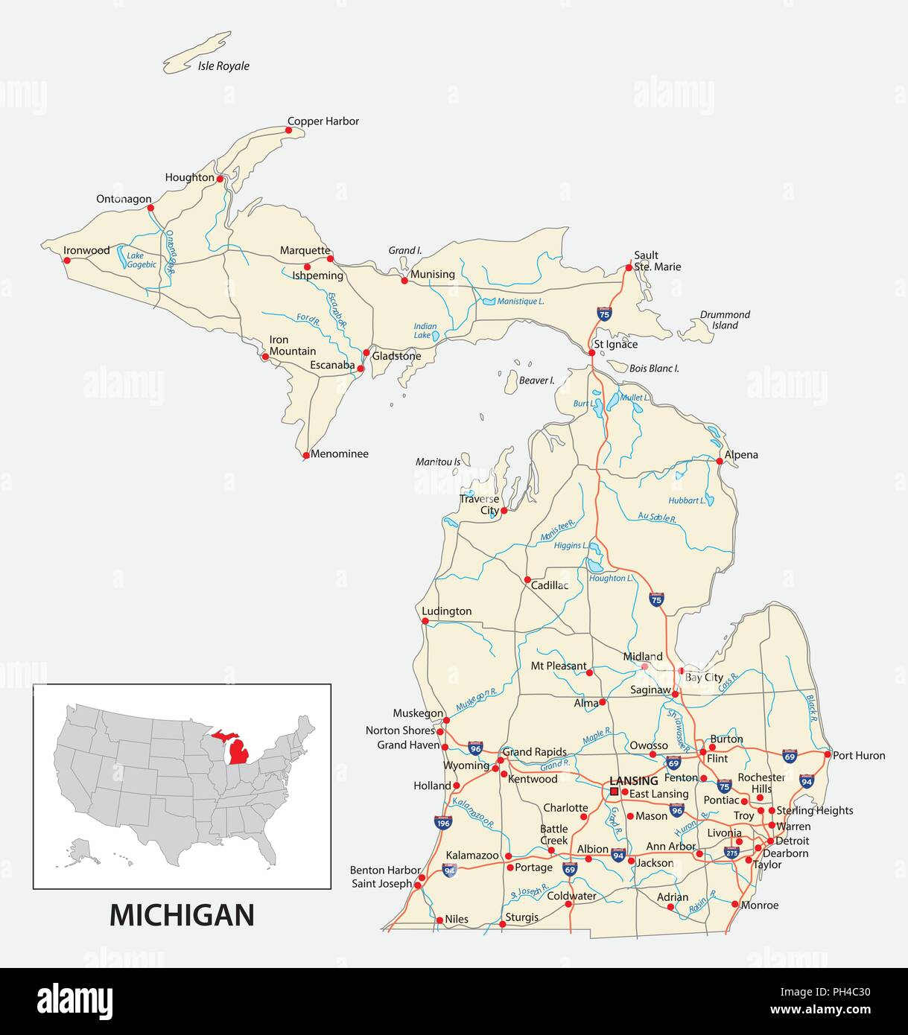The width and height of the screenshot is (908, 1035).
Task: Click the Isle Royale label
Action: (223, 66)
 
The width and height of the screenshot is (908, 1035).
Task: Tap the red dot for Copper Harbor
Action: (289, 130)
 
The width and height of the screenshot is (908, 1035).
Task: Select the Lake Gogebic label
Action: (141, 259)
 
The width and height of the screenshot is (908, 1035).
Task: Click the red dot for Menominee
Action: (305, 455)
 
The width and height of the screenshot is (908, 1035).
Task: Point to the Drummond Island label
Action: (725, 319)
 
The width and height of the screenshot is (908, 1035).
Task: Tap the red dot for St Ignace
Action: (591, 352)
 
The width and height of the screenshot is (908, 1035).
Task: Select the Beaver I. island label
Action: (536, 380)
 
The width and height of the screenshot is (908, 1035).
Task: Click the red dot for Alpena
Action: (720, 461)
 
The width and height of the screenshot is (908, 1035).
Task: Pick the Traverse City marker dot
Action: (504, 510)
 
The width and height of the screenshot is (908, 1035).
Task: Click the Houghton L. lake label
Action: (611, 578)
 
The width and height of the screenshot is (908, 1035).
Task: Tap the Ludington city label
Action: (447, 611)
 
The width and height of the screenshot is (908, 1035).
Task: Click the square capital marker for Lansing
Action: (614, 792)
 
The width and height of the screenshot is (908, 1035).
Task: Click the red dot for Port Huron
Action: (827, 754)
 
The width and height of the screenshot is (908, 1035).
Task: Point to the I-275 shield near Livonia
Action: (731, 853)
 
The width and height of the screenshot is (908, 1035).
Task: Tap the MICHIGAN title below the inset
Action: (182, 915)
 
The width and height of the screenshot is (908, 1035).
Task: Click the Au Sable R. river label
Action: (656, 517)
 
